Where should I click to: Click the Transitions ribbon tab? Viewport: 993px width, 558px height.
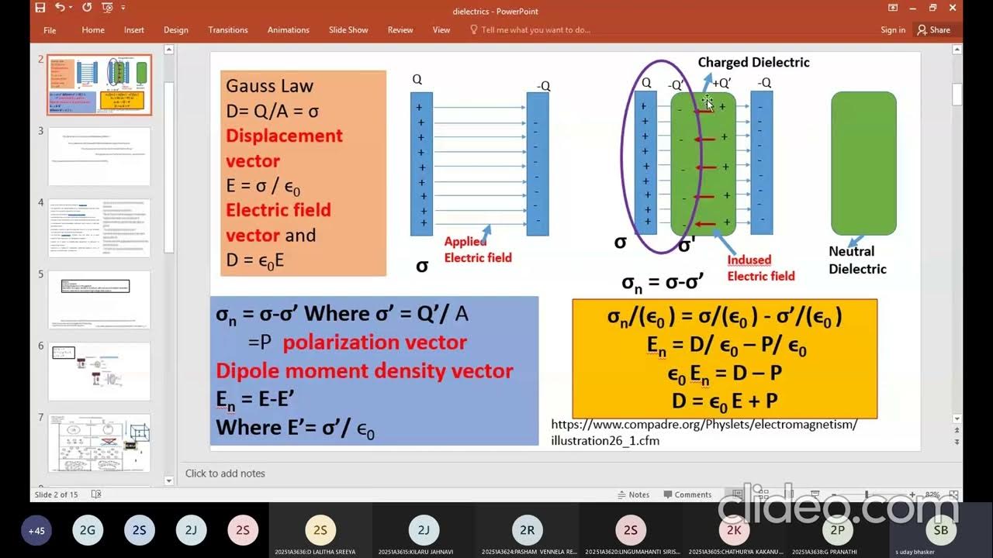(227, 29)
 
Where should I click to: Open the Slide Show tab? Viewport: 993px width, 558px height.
(348, 29)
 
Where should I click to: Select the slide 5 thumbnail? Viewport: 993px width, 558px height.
(99, 299)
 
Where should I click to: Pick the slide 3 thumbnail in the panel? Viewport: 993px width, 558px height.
(99, 157)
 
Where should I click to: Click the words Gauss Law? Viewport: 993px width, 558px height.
(269, 86)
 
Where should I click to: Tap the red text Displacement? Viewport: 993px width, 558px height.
(284, 136)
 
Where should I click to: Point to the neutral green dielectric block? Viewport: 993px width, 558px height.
(863, 163)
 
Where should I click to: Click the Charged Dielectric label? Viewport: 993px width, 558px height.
(753, 62)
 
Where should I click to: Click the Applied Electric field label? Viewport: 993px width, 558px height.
(477, 250)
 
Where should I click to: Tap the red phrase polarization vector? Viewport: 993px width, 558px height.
(375, 343)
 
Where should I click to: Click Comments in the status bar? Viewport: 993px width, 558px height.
(687, 494)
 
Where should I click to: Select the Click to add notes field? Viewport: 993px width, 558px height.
(225, 474)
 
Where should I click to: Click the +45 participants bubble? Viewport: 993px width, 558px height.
(36, 531)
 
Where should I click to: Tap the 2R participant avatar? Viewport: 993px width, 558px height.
(527, 530)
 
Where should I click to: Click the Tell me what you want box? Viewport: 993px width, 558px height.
(535, 29)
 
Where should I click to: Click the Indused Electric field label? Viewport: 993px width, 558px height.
(760, 268)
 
